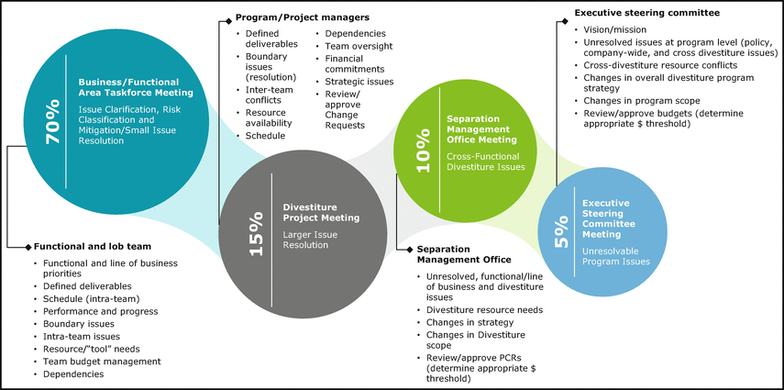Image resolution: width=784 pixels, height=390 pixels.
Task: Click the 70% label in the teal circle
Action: tap(52, 120)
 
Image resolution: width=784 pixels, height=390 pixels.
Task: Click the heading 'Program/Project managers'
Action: tap(290, 17)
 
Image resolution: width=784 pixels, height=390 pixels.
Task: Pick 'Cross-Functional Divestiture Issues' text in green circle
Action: tap(485, 162)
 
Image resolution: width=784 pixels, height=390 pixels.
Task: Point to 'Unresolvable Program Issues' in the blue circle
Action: tap(617, 256)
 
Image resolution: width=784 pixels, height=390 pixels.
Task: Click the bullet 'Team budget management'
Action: tap(101, 362)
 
